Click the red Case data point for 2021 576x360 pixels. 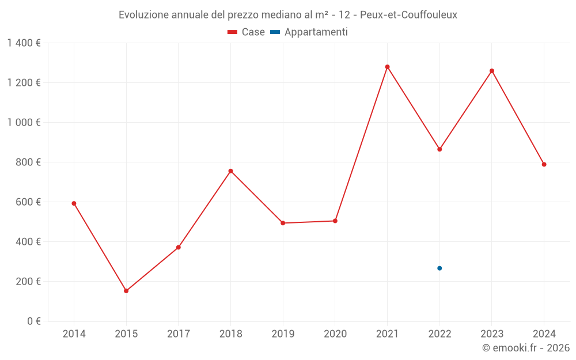click(x=387, y=67)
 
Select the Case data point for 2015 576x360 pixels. click(x=126, y=291)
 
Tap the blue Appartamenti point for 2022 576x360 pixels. click(x=439, y=268)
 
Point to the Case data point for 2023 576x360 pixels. click(x=492, y=71)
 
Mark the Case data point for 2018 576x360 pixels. click(x=230, y=171)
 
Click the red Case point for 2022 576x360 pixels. click(x=439, y=149)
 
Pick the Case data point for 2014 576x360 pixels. click(x=74, y=203)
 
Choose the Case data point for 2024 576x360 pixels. click(x=544, y=165)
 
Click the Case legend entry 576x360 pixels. click(x=247, y=32)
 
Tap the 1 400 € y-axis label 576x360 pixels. click(x=24, y=43)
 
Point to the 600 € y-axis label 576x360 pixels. click(x=28, y=202)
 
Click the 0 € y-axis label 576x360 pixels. click(x=33, y=321)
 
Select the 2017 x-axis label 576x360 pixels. click(x=179, y=334)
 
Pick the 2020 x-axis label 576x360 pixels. click(x=335, y=334)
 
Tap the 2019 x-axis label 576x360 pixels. click(x=283, y=334)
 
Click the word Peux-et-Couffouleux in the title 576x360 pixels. click(x=408, y=15)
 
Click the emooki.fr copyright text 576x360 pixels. click(x=526, y=348)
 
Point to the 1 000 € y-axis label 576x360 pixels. click(x=24, y=123)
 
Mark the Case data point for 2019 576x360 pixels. click(x=283, y=223)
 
